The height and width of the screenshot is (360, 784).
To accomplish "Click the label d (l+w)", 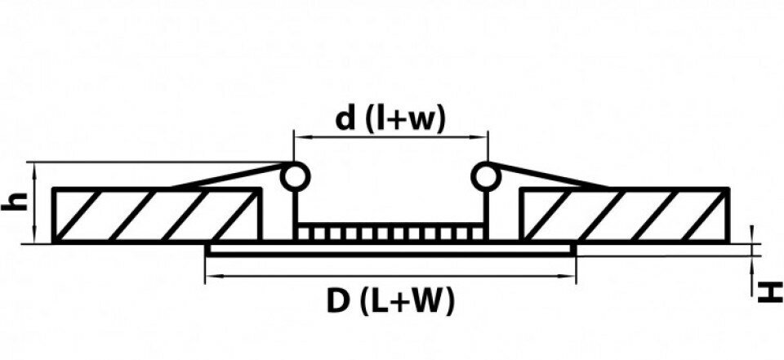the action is point(390,120).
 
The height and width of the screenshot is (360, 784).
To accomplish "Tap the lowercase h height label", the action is point(13,202).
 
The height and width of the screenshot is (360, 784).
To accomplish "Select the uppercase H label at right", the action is point(770,292).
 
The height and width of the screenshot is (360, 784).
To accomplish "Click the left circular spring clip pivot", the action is point(295,177).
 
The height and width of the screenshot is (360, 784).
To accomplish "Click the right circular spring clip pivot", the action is point(485,177).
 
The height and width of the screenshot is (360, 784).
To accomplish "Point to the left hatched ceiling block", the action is point(157,216).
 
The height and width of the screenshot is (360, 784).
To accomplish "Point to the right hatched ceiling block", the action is point(624,216).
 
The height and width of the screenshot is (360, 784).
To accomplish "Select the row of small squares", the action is point(390,233).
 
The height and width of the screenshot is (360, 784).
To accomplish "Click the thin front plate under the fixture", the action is point(390,250).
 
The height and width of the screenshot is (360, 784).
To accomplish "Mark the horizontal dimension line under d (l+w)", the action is point(391,136).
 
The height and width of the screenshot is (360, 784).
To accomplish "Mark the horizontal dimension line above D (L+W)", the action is point(390,275).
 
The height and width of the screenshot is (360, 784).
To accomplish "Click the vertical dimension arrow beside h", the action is point(34,202).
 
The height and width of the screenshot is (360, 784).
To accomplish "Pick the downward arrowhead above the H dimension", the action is point(751,235).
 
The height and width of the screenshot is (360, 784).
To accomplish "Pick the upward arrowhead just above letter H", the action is point(751,265).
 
